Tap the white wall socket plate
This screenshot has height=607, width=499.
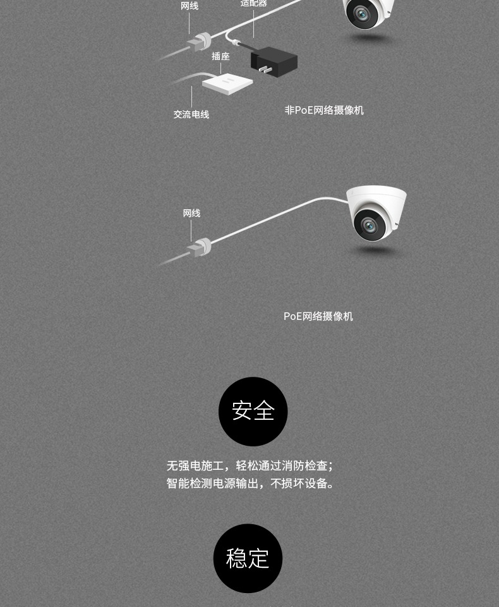[227, 83]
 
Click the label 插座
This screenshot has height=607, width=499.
[220, 56]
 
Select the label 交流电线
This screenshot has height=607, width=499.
[191, 114]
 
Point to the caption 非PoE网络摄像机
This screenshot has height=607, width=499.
[324, 110]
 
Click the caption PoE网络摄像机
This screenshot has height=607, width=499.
[318, 316]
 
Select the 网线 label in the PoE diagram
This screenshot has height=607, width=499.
[191, 213]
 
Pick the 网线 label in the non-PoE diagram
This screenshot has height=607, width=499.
[189, 6]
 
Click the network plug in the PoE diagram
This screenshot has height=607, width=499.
[200, 247]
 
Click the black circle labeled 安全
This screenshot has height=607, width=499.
[253, 412]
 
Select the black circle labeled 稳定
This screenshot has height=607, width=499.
[248, 558]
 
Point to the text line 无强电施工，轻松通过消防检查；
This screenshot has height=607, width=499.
[250, 466]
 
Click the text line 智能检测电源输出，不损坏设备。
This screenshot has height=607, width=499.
[250, 484]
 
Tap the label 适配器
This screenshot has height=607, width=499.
[253, 4]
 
